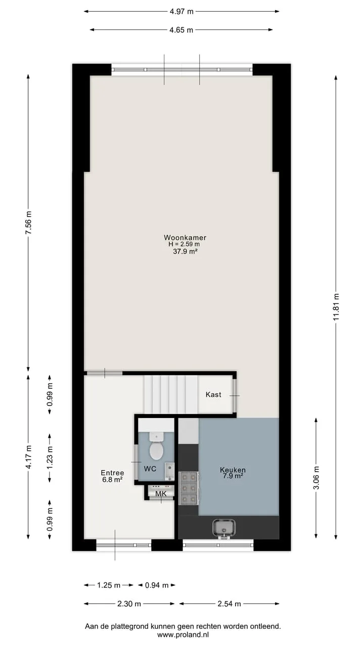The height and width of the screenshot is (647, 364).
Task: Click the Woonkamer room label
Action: (185, 238)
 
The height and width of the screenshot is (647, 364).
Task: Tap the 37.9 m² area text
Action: (185, 251)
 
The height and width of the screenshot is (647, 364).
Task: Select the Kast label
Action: (213, 394)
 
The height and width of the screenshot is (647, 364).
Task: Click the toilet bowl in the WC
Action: (157, 451)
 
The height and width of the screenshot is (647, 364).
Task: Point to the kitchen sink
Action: (224, 529)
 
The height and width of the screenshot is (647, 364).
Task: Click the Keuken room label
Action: (233, 470)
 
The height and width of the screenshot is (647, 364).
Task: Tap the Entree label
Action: (112, 473)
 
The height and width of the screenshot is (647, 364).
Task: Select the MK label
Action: (161, 494)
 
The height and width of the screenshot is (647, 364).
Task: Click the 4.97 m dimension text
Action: (181, 12)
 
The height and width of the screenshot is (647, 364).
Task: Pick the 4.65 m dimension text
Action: (181, 30)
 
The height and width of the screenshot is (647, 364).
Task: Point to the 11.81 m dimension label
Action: (336, 307)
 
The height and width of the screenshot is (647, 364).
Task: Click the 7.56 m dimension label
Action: (28, 223)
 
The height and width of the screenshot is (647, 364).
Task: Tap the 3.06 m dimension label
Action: (316, 478)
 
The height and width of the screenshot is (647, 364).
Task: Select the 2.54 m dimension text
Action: (229, 604)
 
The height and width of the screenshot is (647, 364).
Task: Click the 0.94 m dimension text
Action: (157, 585)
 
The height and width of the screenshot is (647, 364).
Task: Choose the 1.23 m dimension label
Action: (50, 458)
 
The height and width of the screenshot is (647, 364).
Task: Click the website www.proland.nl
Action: (183, 634)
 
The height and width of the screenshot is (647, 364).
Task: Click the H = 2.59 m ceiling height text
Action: (185, 244)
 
